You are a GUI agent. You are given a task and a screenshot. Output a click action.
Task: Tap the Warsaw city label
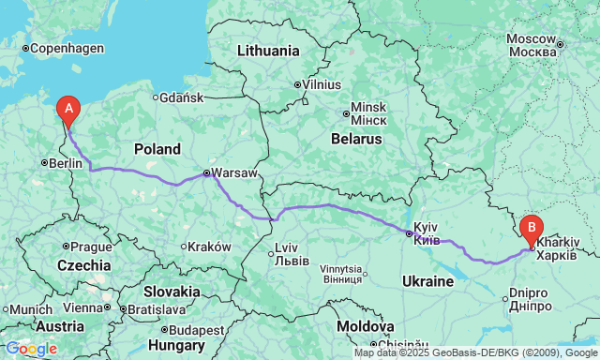[x=231, y=173]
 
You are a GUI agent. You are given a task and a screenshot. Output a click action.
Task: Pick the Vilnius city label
[x=322, y=84]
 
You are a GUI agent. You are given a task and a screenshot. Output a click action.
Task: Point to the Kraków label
[x=209, y=247]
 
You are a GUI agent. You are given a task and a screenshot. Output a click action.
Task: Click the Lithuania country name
[x=268, y=51]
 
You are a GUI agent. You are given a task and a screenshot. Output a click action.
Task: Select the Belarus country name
[x=357, y=139]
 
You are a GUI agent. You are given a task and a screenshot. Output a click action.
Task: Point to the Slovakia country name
[x=172, y=292]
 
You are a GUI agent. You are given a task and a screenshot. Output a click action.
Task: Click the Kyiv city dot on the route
[x=409, y=233]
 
